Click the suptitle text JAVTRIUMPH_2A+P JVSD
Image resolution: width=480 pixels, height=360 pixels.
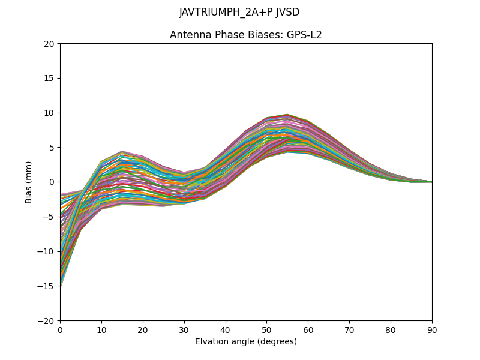[x=239, y=12]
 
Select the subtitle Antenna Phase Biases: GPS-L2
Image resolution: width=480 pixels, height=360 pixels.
[x=246, y=35]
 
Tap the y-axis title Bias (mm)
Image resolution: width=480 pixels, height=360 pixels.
[x=29, y=182]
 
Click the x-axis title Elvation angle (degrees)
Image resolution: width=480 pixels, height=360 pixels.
[x=246, y=341]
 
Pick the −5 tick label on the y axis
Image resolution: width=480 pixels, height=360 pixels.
[x=50, y=217]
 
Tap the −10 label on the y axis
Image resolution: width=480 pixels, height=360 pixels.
[x=48, y=251]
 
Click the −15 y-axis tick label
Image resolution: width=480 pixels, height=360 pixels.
[x=48, y=286]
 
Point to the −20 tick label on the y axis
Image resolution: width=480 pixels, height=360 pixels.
[x=48, y=320]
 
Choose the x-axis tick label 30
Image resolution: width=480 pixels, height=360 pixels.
[x=184, y=329]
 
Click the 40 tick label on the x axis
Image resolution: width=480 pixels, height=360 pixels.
[x=226, y=329]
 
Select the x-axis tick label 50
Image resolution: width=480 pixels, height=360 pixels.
[x=266, y=329]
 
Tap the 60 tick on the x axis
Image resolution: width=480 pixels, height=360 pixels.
[x=308, y=329]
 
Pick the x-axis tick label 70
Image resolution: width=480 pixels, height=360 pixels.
[x=349, y=329]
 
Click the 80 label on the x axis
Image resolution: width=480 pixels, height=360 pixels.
[x=391, y=329]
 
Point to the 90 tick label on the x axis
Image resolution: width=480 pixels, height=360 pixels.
[x=432, y=329]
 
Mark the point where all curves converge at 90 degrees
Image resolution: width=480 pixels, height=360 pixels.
[x=431, y=182]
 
